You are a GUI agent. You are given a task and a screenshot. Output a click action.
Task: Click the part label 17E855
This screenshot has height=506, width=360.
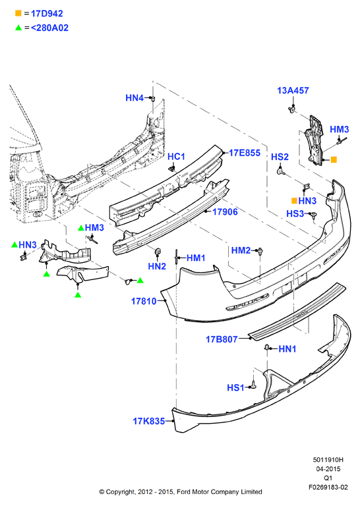pyautogui.click(x=245, y=153)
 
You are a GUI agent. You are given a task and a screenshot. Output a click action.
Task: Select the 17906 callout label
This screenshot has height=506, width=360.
pyautogui.click(x=225, y=211)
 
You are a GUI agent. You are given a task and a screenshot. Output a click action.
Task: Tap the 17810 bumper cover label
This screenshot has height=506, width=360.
pyautogui.click(x=144, y=301)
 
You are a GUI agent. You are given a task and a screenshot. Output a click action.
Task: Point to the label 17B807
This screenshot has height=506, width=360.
pyautogui.click(x=222, y=339)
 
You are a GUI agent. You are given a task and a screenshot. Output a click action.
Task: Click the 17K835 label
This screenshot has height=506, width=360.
pyautogui.click(x=149, y=421)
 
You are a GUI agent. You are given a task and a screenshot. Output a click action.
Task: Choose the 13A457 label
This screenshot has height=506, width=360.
pyautogui.click(x=293, y=90)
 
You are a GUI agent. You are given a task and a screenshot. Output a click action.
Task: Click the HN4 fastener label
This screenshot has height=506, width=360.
pyautogui.click(x=135, y=98)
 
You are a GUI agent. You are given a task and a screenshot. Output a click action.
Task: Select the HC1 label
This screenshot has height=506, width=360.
pyautogui.click(x=176, y=157)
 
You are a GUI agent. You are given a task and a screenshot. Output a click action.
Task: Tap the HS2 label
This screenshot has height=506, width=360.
pyautogui.click(x=280, y=157)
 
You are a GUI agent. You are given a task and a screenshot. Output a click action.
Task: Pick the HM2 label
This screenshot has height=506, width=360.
pyautogui.click(x=241, y=250)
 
